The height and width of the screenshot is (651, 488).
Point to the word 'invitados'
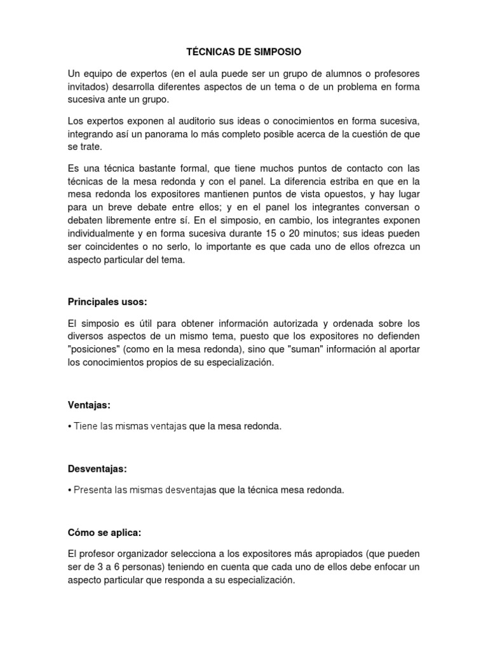[x=87, y=86]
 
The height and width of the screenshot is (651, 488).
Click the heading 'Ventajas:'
[x=88, y=404]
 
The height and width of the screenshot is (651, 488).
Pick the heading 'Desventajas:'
[x=97, y=469]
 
